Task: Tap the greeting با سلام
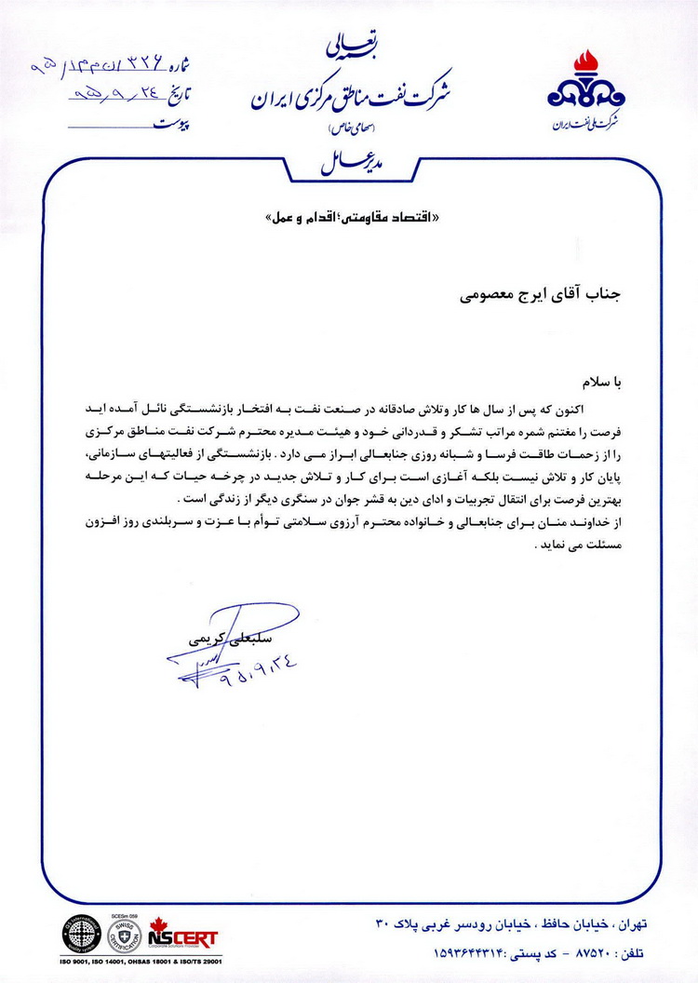point(626,382)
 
